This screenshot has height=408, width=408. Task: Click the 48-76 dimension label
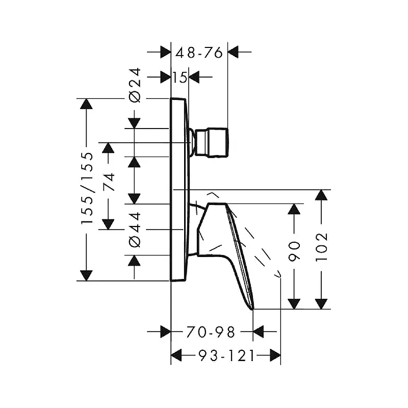tap(199, 53)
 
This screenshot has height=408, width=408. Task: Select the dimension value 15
tap(180, 78)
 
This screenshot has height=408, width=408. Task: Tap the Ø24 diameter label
tap(135, 85)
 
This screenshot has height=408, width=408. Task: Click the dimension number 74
tap(109, 182)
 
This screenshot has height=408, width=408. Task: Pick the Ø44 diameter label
tap(135, 229)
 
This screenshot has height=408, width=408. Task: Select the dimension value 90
tap(294, 251)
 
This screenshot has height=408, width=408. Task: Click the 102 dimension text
tap(321, 247)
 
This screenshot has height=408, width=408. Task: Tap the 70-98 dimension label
tap(211, 332)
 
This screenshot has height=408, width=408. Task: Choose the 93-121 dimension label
tap(226, 355)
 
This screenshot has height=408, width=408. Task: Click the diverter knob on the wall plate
tap(212, 142)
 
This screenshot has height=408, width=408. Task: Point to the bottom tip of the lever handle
tap(252, 310)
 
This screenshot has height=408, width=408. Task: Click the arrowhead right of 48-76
tap(233, 52)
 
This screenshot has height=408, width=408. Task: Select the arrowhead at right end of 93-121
tap(275, 355)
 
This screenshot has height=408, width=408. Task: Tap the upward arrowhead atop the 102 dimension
tap(321, 195)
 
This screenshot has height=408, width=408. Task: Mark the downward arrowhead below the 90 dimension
tap(294, 304)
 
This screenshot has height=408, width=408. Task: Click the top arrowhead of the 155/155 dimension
tap(86, 104)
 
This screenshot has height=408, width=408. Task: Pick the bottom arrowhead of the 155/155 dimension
tap(86, 275)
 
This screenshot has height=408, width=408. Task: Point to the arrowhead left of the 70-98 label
tap(165, 332)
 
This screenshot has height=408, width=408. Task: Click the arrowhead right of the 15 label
tap(194, 77)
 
